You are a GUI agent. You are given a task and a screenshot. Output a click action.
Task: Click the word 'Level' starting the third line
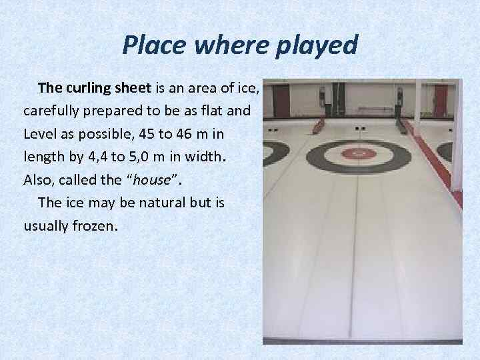coord(40,134)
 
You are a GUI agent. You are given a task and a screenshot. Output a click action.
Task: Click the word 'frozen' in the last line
coord(95,225)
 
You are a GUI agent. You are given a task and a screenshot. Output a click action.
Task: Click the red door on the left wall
coord(282,101)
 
